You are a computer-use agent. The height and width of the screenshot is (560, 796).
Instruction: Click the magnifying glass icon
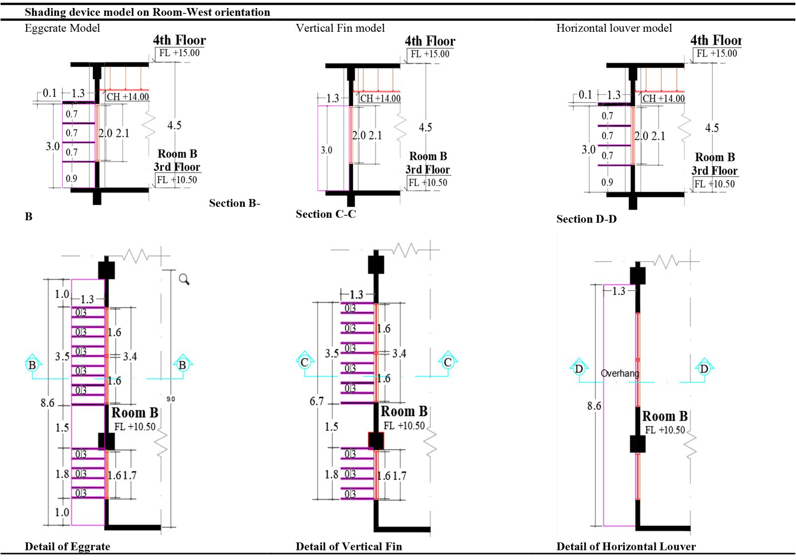tap(184, 280)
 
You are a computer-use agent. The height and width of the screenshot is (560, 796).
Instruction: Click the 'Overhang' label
tap(619, 373)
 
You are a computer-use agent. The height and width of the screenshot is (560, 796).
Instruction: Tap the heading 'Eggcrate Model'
tap(62, 28)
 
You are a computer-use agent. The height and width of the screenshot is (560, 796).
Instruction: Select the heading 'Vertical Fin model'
tap(340, 28)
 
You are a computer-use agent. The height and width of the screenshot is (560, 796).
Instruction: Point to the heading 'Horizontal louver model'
tap(614, 28)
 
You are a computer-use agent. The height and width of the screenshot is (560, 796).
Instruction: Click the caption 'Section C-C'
tap(326, 214)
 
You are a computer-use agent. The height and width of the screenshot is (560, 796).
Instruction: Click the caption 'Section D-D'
tap(587, 219)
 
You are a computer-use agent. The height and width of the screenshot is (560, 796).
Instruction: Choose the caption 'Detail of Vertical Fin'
tap(349, 546)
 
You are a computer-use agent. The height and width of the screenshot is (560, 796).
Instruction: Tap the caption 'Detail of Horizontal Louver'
tap(626, 546)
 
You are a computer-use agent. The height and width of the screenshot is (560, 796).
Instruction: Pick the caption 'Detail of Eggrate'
tap(67, 546)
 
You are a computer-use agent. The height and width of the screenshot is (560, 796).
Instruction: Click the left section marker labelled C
tap(304, 362)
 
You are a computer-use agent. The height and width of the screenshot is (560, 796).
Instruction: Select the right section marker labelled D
tap(704, 369)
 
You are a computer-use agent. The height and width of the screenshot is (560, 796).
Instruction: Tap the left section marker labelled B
tap(32, 365)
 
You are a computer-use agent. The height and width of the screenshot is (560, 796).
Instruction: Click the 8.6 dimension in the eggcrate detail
tap(48, 402)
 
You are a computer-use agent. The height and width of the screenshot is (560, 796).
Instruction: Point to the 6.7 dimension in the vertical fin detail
tap(316, 401)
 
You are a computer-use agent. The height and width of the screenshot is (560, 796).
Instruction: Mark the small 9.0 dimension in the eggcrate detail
tap(170, 399)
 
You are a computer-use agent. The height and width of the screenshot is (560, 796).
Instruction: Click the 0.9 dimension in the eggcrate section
tap(72, 178)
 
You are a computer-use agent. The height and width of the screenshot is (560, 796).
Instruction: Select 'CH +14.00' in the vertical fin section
tap(380, 98)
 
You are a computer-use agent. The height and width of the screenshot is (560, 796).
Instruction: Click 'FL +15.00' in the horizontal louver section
tap(716, 53)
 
